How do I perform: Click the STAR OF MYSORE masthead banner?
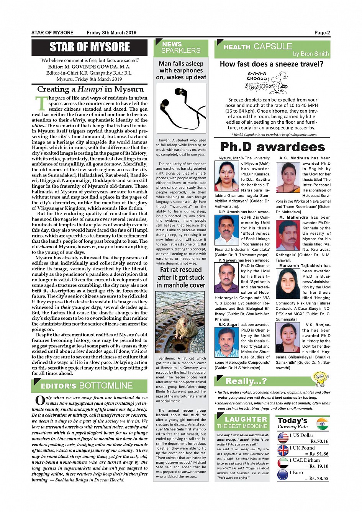tap(90, 47)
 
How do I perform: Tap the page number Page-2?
tap(322, 33)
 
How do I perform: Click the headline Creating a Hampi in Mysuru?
tap(90, 89)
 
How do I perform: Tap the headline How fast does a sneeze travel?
tap(271, 64)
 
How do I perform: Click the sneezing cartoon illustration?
tap(267, 82)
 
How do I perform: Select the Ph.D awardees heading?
tap(272, 147)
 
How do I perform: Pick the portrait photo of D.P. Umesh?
tap(227, 230)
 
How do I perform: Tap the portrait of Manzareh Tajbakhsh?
tap(288, 283)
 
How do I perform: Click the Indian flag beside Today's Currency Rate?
tap(323, 424)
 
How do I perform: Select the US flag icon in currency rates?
tap(283, 438)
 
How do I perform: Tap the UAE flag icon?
tap(283, 463)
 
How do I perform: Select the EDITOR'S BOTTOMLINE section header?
tap(89, 386)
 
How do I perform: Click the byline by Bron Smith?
tap(311, 54)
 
